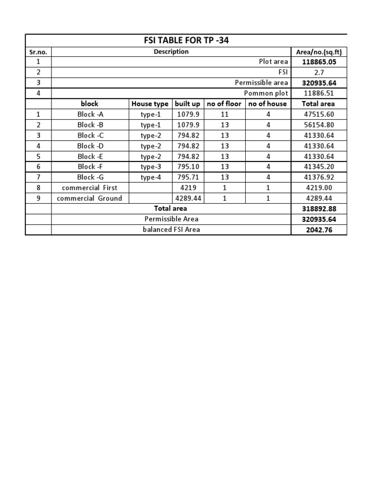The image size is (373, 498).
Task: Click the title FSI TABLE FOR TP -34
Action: pyautogui.click(x=186, y=40)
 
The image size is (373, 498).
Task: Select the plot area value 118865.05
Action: pyautogui.click(x=319, y=62)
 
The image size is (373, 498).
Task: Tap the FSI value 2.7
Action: pyautogui.click(x=319, y=72)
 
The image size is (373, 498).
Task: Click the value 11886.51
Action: pyautogui.click(x=319, y=93)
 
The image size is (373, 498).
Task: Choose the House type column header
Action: pyautogui.click(x=150, y=104)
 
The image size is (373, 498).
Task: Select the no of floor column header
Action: pyautogui.click(x=224, y=104)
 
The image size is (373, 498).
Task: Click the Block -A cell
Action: pyautogui.click(x=89, y=114)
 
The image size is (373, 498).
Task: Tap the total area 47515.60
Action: pyautogui.click(x=319, y=114)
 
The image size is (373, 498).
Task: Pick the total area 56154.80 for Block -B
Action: pyautogui.click(x=319, y=124)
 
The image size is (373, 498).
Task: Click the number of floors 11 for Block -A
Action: pyautogui.click(x=224, y=114)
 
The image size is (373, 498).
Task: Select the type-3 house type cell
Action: pyautogui.click(x=150, y=167)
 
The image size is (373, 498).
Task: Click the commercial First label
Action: pyautogui.click(x=90, y=188)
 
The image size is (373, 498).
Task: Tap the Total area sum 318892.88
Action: pyautogui.click(x=319, y=209)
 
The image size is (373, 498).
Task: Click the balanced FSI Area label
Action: pyautogui.click(x=171, y=230)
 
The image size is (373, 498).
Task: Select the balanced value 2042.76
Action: pyautogui.click(x=319, y=230)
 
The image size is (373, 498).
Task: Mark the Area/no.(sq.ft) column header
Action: pyautogui.click(x=319, y=52)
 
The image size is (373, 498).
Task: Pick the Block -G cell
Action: pyautogui.click(x=89, y=177)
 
